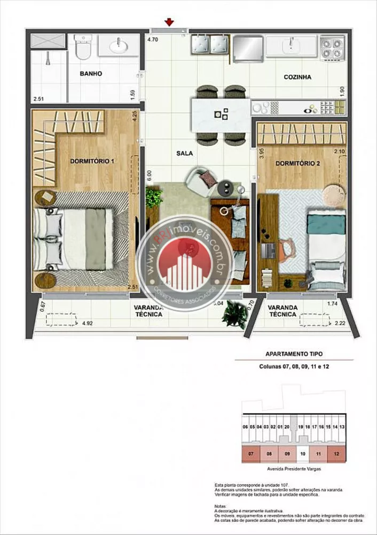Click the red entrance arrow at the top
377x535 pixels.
tap(169, 22)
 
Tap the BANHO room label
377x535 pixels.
tap(91, 73)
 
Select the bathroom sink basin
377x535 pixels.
tap(119, 47)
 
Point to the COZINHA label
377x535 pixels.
tap(297, 77)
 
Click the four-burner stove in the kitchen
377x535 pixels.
tap(331, 47)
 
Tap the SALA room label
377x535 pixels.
tap(184, 153)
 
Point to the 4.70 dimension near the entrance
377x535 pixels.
tap(153, 40)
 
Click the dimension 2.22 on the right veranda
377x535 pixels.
tap(340, 323)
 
